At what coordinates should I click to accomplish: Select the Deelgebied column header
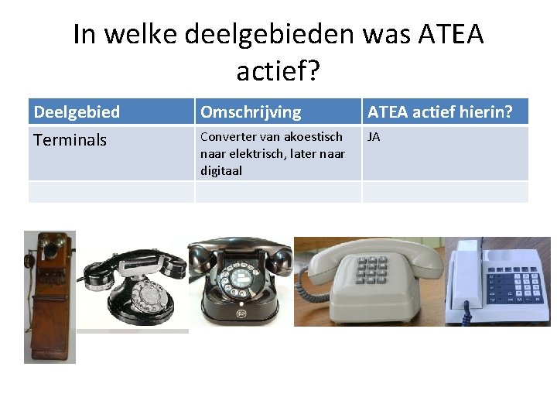pyautogui.click(x=77, y=112)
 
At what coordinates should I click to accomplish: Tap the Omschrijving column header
pyautogui.click(x=250, y=112)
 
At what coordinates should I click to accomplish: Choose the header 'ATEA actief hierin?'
pyautogui.click(x=439, y=112)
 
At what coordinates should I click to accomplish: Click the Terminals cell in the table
pyautogui.click(x=70, y=140)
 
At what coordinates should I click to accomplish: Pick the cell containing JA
pyautogui.click(x=374, y=137)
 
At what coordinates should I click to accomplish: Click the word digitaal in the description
pyautogui.click(x=221, y=170)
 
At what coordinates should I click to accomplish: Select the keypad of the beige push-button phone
pyautogui.click(x=371, y=268)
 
